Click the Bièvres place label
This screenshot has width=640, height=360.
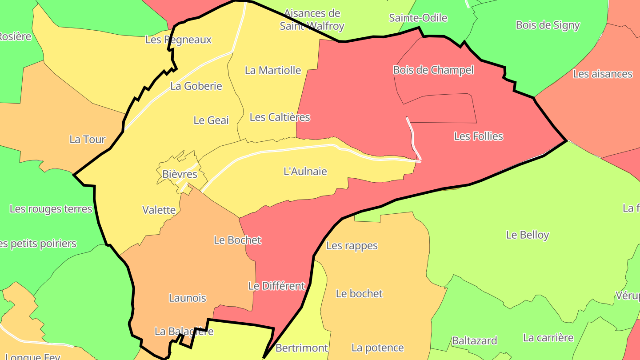(180, 174)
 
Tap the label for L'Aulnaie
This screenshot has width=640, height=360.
(305, 171)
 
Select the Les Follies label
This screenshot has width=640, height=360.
(478, 136)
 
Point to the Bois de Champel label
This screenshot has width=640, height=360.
(433, 70)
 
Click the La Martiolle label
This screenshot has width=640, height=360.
(273, 70)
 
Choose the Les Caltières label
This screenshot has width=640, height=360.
(280, 117)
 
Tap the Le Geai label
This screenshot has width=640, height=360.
(211, 120)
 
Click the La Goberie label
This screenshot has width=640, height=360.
(196, 86)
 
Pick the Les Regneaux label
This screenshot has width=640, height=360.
(178, 40)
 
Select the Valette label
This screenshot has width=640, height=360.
(159, 210)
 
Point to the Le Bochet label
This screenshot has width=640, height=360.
(237, 240)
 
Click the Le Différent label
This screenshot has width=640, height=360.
(276, 286)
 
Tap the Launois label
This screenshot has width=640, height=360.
(187, 298)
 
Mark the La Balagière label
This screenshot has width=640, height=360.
(184, 331)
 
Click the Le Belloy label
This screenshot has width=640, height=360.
(527, 235)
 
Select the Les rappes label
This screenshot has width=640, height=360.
(352, 245)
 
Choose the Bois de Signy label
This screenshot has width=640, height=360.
(548, 25)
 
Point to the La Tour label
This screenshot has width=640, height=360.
(87, 140)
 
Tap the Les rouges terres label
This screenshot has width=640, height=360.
(51, 209)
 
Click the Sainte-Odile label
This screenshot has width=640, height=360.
(418, 18)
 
